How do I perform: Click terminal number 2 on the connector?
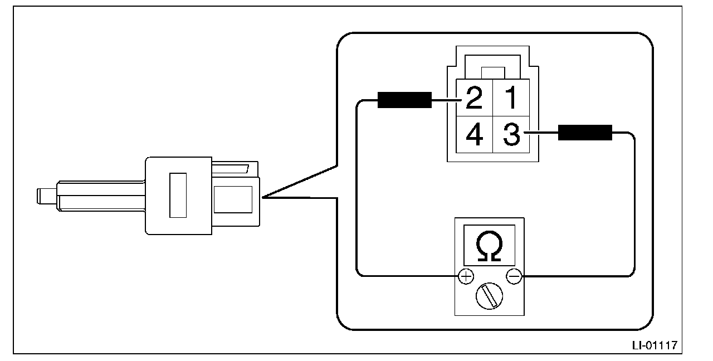473,98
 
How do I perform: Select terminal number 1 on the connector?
510,98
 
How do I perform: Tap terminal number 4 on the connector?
473,135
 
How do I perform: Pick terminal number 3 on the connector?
511,135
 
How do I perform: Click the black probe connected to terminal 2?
404,100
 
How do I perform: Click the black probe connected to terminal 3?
585,133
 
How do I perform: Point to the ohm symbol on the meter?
489,246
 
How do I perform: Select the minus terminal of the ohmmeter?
514,275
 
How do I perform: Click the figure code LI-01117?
654,345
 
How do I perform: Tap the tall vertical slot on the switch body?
178,194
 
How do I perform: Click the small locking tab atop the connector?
493,72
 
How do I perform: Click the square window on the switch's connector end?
233,199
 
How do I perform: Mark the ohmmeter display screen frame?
489,245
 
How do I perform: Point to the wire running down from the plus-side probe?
357,189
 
